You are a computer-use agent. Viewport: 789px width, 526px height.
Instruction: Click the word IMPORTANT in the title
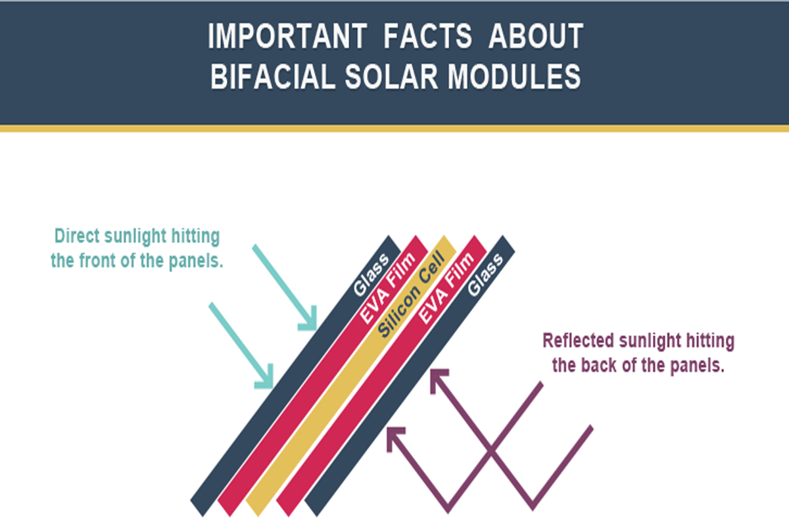[x=287, y=36]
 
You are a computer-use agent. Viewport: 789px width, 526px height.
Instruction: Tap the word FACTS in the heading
[x=427, y=36]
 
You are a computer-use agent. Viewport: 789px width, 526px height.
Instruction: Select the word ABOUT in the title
[x=536, y=36]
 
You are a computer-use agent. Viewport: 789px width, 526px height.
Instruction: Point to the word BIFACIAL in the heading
[x=273, y=76]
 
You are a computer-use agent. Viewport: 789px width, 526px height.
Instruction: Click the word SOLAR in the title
[x=391, y=76]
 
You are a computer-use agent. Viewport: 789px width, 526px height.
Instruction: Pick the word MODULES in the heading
[x=514, y=76]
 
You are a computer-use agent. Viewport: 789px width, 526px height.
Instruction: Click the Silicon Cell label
[x=411, y=294]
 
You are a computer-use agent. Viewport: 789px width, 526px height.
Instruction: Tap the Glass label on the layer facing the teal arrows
[x=371, y=275]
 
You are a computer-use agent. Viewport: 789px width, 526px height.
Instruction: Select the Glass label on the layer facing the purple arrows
[x=485, y=275]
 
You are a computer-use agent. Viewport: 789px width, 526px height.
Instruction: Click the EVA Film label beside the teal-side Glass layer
[x=387, y=288]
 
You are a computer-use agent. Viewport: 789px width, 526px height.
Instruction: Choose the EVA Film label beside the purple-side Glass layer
[x=446, y=288]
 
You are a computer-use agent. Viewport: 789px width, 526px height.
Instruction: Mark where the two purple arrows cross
[x=490, y=450]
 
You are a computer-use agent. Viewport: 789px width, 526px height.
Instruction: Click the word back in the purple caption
[x=600, y=366]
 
